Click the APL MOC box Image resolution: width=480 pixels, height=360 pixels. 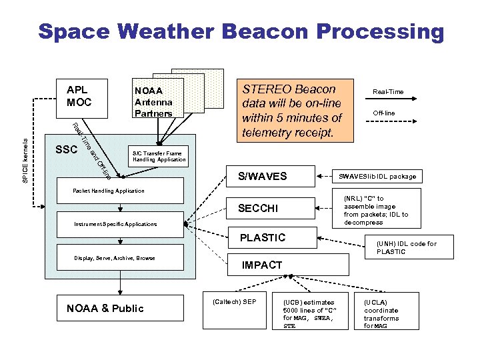(x=79, y=97)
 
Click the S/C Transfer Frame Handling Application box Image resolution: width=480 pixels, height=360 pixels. (x=157, y=157)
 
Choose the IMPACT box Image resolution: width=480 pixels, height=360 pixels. (x=288, y=265)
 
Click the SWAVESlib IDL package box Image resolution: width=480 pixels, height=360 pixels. (x=377, y=177)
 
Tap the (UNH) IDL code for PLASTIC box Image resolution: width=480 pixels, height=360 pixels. (x=406, y=247)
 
